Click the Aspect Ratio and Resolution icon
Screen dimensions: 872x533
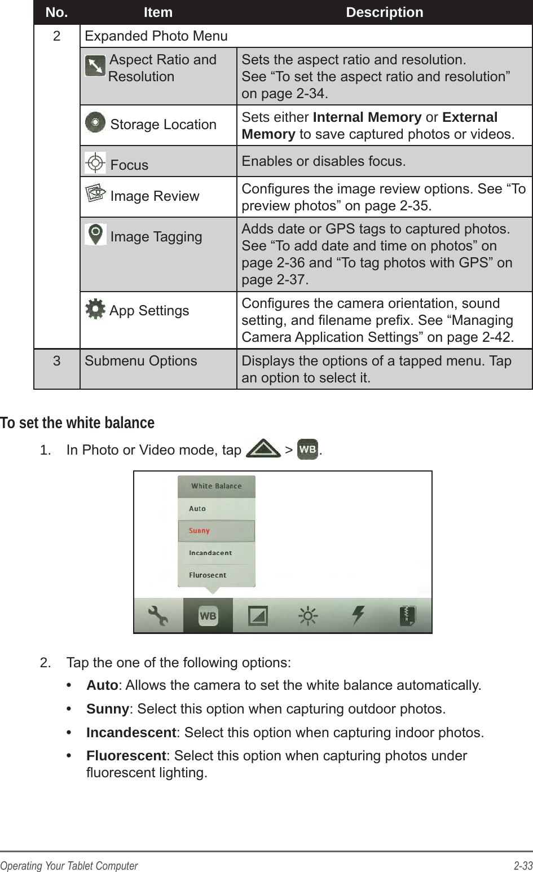click(95, 67)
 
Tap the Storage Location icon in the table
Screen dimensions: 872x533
click(95, 122)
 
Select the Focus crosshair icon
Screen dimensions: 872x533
click(95, 163)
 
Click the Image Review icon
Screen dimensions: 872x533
click(95, 194)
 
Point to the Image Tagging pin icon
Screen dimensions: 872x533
click(95, 234)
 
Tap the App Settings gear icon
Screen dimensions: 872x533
click(95, 309)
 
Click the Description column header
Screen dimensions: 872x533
click(384, 12)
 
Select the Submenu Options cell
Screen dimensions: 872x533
click(141, 361)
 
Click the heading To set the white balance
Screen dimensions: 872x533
click(77, 422)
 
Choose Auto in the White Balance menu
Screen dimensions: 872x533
click(198, 508)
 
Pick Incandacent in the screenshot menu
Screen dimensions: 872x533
click(210, 553)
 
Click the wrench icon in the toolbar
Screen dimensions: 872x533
click(158, 615)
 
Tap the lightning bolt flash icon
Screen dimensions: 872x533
click(358, 615)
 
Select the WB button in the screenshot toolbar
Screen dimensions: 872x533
click(208, 615)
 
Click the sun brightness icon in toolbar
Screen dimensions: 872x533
click(308, 615)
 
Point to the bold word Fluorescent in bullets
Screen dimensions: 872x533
click(126, 756)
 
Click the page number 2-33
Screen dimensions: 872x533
click(522, 866)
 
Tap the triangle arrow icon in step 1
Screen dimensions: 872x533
click(263, 450)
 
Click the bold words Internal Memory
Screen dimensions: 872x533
click(367, 117)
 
